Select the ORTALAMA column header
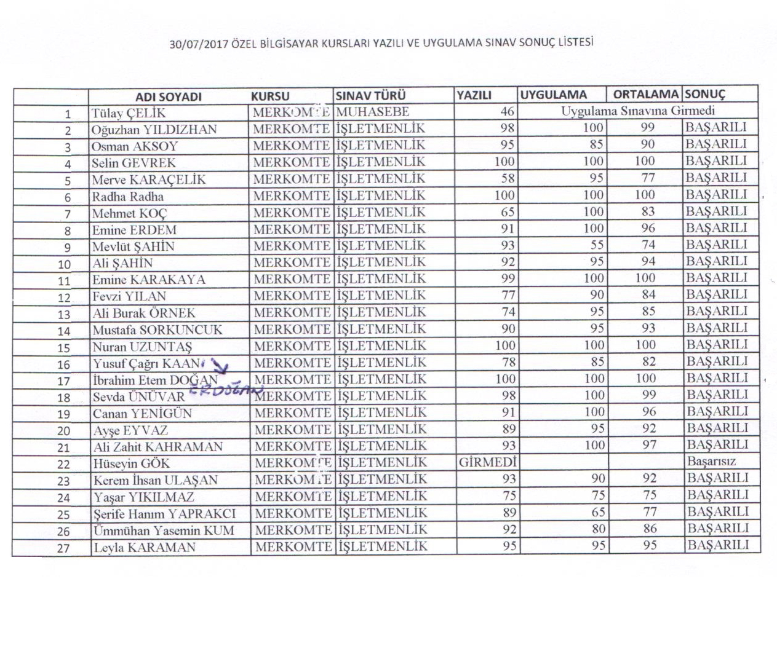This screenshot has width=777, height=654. [645, 95]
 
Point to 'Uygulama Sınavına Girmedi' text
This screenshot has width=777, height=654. [637, 111]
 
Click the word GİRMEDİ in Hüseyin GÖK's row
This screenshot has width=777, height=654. [487, 462]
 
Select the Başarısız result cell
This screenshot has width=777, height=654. [711, 461]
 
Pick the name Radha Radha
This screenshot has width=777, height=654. [128, 197]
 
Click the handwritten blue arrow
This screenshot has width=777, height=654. [220, 368]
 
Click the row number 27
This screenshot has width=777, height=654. [63, 548]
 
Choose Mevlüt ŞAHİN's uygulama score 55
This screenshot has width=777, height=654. [596, 245]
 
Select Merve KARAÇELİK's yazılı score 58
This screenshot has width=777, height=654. [508, 178]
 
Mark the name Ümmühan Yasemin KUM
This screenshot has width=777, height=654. [164, 530]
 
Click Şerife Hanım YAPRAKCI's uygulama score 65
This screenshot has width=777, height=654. [597, 512]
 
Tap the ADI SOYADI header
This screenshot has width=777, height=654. [169, 97]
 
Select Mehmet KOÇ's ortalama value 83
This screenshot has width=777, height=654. [647, 211]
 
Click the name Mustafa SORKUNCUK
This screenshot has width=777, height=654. [157, 330]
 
